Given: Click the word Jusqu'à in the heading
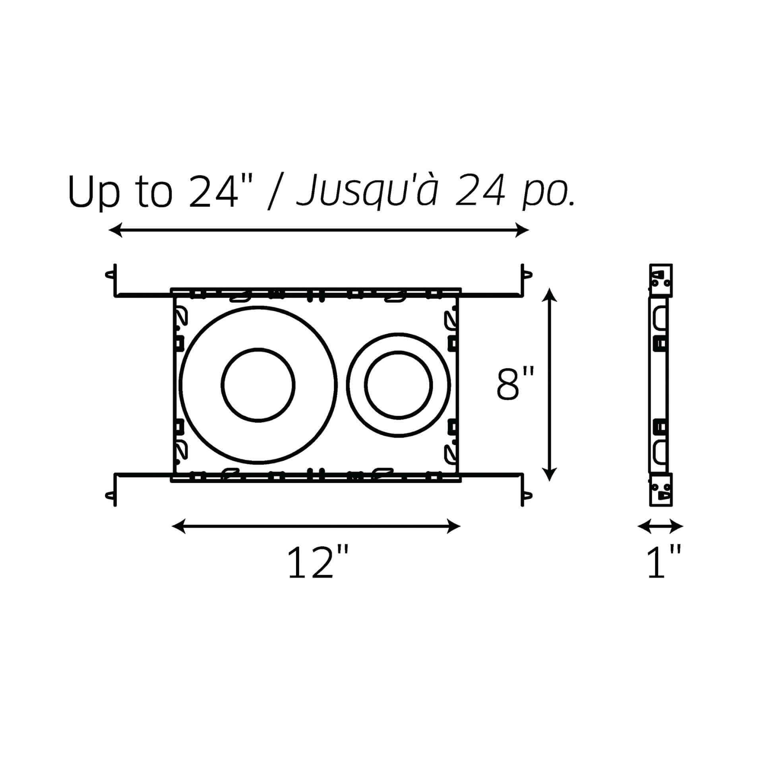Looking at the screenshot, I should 368,192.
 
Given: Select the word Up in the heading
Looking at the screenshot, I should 94,192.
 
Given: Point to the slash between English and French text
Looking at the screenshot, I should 276,192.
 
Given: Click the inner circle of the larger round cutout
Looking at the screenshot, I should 258,385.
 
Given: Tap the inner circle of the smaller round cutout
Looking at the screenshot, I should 399,385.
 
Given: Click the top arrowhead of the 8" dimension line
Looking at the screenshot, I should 549,294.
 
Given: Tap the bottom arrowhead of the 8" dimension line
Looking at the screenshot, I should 549,474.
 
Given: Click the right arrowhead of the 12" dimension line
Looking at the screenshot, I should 454,527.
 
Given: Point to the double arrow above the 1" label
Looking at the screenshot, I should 660,527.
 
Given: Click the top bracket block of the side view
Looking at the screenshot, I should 660,280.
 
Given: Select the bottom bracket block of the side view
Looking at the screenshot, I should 660,490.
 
